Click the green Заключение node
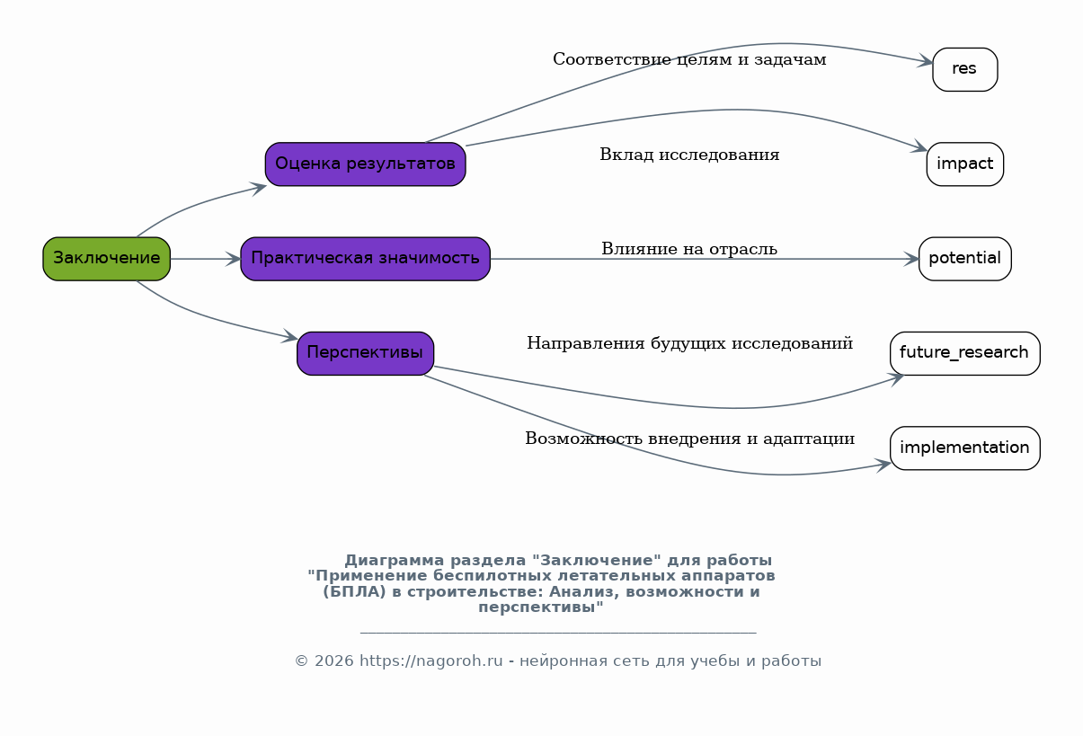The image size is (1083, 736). tap(106, 259)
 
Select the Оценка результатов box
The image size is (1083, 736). tap(365, 164)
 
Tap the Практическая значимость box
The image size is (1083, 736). tap(365, 259)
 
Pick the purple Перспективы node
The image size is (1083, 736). tap(365, 353)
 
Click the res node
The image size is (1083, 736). tap(964, 69)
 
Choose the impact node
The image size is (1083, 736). tap(964, 164)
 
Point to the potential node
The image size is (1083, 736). tap(964, 259)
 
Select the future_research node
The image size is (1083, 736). tap(964, 353)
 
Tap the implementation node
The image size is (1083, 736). tap(964, 448)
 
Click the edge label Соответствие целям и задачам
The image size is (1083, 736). tap(689, 59)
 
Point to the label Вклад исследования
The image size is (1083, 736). tap(689, 155)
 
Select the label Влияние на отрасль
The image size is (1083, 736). tap(689, 249)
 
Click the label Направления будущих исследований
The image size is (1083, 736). tap(689, 343)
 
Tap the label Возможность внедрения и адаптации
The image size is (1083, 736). tap(689, 439)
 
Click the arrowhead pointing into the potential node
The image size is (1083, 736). tap(911, 259)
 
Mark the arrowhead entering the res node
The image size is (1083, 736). tap(926, 63)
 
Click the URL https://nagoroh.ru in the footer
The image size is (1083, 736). tap(431, 661)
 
